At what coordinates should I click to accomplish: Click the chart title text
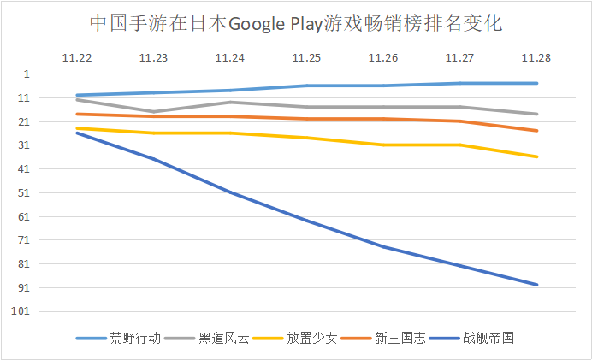click(x=295, y=23)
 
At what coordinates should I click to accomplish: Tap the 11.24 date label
click(x=229, y=58)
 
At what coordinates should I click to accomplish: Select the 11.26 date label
click(x=383, y=58)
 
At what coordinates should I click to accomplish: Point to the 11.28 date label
click(x=537, y=58)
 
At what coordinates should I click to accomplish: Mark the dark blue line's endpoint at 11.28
click(x=537, y=285)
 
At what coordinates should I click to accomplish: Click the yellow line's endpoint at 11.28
click(x=537, y=156)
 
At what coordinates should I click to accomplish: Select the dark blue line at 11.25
click(x=306, y=221)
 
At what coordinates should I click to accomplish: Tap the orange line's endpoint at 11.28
click(x=537, y=131)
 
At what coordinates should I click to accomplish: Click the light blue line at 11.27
click(x=460, y=83)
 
